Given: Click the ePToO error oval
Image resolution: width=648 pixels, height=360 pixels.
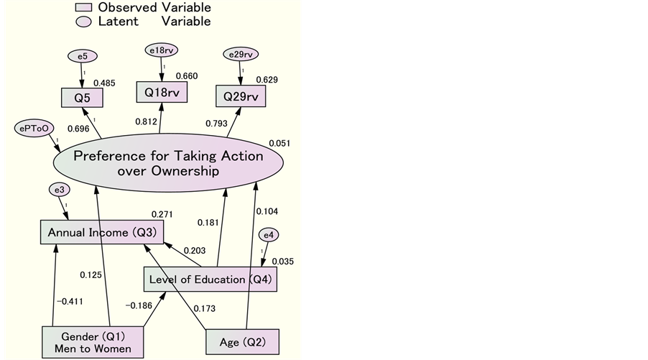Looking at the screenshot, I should click(34, 128).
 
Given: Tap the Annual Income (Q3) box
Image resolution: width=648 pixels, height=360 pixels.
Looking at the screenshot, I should click(101, 233).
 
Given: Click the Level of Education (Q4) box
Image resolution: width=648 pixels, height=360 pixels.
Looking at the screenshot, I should click(210, 280).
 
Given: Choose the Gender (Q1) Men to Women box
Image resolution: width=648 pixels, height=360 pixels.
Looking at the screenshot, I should click(93, 342).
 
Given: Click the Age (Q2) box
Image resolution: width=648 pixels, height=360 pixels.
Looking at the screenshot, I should click(242, 341).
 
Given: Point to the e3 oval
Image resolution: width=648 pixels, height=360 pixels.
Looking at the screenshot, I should click(60, 190).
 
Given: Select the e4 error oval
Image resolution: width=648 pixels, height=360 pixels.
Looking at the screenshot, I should click(268, 235).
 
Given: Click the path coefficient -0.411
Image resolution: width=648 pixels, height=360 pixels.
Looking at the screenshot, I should click(68, 301).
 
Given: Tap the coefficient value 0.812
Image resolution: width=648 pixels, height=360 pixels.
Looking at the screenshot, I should click(146, 121).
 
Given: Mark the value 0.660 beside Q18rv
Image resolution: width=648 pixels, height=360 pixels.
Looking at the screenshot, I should click(187, 77).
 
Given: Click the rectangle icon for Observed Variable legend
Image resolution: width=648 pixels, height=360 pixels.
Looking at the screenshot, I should click(85, 7).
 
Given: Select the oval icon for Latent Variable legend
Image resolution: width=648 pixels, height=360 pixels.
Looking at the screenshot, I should click(85, 22).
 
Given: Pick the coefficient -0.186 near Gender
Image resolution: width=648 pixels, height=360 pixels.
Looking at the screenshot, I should click(138, 305).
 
